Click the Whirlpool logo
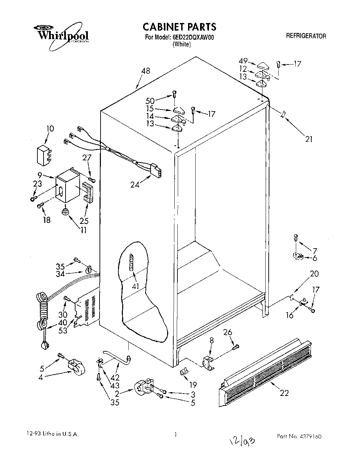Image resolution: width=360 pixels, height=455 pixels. tap(61, 34)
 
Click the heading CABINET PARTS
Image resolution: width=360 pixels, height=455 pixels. tap(179, 26)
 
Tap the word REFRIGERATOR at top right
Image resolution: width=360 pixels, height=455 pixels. tap(306, 36)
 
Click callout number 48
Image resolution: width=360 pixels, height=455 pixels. tap(146, 71)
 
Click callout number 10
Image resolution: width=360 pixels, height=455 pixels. tap(50, 129)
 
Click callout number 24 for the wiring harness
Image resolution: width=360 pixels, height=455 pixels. tap(135, 185)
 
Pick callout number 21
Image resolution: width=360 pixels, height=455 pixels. tap(309, 139)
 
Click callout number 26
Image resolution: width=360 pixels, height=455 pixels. tap(228, 332)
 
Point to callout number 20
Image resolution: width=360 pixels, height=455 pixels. tap(314, 274)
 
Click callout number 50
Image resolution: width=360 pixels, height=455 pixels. tap(150, 101)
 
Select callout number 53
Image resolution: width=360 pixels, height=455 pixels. tap(63, 331)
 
